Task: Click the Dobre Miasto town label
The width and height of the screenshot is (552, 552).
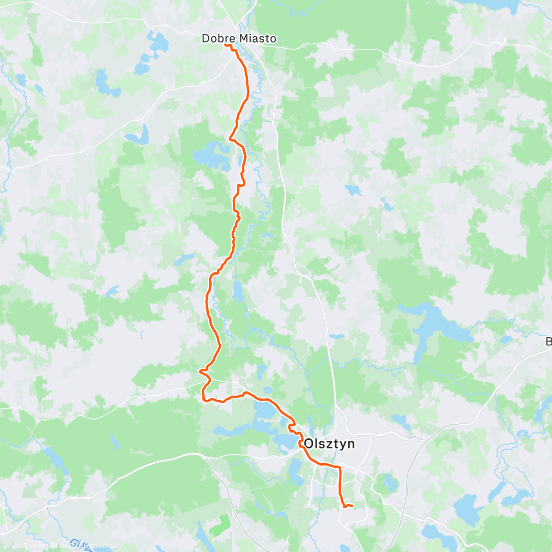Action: (239, 39)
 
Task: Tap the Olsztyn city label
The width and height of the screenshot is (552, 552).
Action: (329, 444)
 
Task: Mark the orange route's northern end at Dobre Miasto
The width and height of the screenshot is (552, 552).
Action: (225, 45)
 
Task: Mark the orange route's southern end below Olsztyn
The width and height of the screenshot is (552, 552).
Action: (352, 506)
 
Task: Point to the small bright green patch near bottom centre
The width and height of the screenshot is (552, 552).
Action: (219, 524)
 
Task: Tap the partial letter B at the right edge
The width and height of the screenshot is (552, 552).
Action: (549, 342)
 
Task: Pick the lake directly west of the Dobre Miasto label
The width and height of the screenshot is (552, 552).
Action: (159, 43)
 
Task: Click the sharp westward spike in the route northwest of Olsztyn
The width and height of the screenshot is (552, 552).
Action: (200, 371)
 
